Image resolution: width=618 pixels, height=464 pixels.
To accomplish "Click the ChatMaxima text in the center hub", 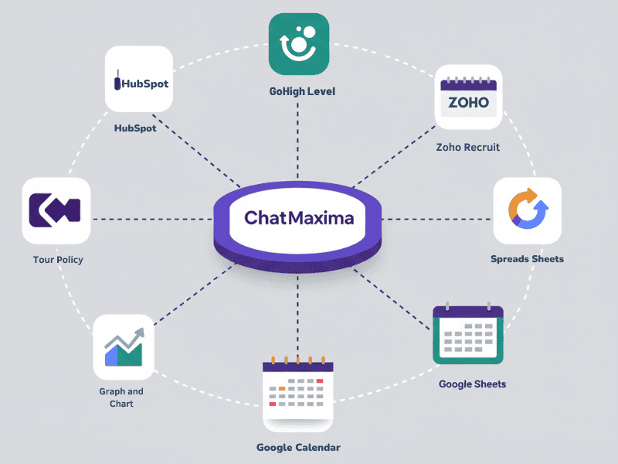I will pos(299,218).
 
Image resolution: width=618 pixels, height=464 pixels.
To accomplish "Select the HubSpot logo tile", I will pos(138,80).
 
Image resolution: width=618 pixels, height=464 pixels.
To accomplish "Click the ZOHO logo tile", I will pos(469,100).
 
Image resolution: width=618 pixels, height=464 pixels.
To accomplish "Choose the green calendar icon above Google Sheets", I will pos(467,334).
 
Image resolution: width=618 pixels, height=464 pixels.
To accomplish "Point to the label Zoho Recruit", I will pos(467,147).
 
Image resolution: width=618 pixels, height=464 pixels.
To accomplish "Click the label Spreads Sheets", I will pos(527,259).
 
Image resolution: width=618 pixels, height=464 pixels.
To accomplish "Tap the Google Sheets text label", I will pos(472,384).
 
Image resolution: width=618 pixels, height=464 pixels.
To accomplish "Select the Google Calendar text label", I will pos(298,448).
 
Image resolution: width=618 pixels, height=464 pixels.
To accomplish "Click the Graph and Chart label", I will pos(121,397).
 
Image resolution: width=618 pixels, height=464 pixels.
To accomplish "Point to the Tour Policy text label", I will pos(58,260).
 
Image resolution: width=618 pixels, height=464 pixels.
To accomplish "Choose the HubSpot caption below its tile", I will pos(135,128).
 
